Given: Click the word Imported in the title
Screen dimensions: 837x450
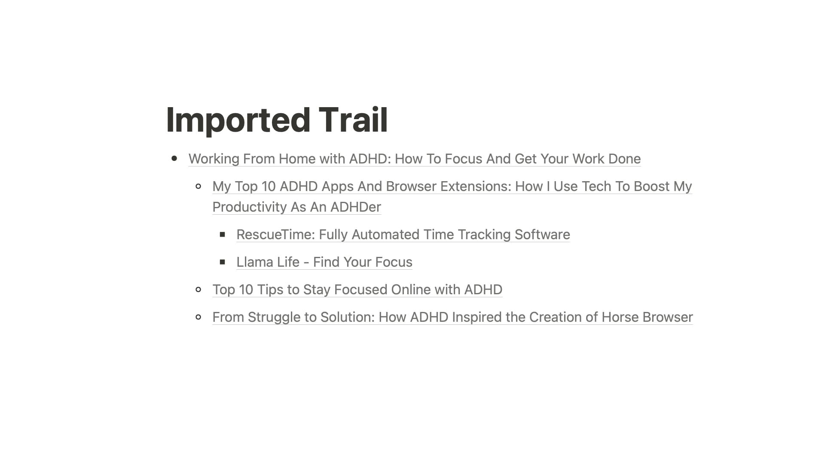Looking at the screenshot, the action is click(238, 120).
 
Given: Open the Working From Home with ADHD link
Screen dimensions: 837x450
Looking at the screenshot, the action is click(415, 159).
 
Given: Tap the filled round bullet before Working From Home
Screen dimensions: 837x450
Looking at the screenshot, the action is click(174, 158).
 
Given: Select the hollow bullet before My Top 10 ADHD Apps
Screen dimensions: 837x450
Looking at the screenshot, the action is click(198, 186).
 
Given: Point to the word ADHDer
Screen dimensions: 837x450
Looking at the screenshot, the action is click(356, 207).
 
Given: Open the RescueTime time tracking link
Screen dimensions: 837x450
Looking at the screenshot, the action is click(403, 234).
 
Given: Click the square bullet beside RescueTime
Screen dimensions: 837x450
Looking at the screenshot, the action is click(222, 234).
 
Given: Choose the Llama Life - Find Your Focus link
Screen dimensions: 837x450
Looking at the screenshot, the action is click(324, 262).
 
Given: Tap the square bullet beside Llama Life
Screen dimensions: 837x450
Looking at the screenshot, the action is click(222, 262).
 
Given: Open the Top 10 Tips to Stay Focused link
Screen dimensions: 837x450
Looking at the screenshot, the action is click(357, 290).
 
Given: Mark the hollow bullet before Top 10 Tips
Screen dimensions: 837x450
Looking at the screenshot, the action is click(198, 290).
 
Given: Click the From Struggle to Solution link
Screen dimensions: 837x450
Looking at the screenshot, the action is click(453, 317).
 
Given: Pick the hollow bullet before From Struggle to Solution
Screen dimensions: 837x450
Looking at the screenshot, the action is click(198, 317).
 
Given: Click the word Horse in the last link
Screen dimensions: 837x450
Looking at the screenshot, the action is click(620, 317).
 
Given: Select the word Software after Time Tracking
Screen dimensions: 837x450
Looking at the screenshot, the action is click(542, 234).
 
